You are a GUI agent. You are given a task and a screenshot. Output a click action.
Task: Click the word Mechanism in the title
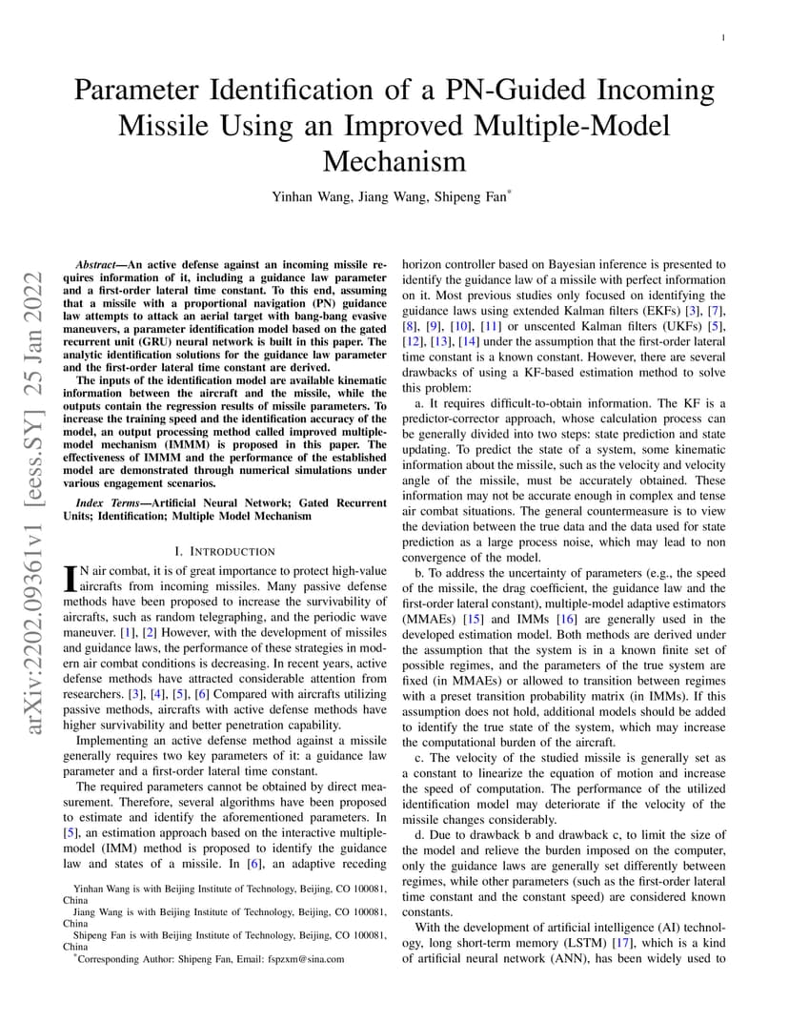coord(394,160)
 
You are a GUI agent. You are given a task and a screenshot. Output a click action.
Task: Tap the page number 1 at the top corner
coord(724,38)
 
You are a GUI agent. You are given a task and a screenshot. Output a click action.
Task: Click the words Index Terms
coord(108,501)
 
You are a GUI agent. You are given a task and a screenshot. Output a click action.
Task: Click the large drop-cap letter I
coord(69,577)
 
